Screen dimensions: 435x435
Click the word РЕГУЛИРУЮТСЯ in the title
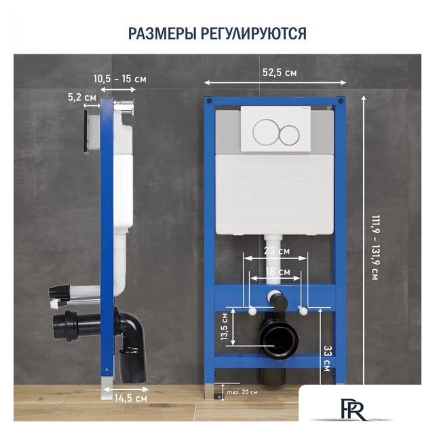click(254, 33)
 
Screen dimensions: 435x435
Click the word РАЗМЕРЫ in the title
click(162, 33)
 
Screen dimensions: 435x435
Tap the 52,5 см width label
click(280, 73)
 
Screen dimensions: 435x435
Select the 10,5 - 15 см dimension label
click(120, 79)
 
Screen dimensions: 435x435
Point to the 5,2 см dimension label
click(82, 97)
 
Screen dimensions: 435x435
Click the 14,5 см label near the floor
click(131, 398)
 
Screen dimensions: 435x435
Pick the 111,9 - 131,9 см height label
click(375, 247)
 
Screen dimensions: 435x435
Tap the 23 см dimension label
click(277, 251)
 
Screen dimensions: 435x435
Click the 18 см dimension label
click(278, 272)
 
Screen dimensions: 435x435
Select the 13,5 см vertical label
click(224, 326)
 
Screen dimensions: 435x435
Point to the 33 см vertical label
click(327, 358)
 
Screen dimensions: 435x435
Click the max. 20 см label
click(242, 392)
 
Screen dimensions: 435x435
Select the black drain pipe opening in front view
click(280, 341)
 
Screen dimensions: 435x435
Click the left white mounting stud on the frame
click(252, 311)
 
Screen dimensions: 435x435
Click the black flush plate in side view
click(86, 132)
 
